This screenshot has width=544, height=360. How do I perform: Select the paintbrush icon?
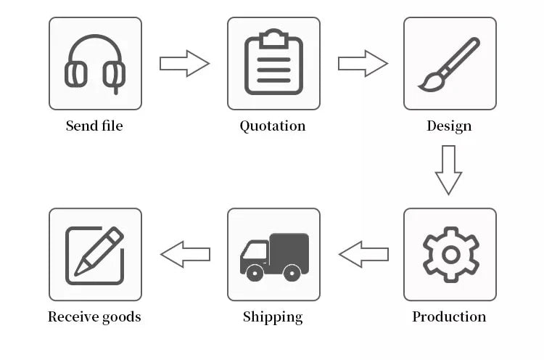(449, 65)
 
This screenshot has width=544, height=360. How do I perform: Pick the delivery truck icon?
(274, 257)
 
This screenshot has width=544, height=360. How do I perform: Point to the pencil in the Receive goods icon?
(99, 250)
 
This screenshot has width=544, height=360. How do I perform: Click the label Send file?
(94, 126)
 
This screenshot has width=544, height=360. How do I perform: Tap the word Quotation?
(273, 126)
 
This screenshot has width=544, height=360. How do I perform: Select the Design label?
(449, 126)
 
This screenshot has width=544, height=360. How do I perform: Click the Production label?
(449, 316)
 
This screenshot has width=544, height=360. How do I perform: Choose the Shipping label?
(273, 317)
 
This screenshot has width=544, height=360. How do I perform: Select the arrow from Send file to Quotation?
(184, 64)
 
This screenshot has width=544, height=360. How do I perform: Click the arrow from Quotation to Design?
(363, 64)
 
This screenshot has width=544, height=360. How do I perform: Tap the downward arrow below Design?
(448, 170)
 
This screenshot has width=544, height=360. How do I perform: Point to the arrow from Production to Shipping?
(363, 255)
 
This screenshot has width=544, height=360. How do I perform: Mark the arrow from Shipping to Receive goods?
(185, 255)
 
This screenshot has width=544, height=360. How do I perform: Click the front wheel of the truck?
(255, 273)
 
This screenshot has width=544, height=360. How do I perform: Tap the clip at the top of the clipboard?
(273, 38)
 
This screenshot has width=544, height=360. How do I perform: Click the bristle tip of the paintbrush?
(421, 88)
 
